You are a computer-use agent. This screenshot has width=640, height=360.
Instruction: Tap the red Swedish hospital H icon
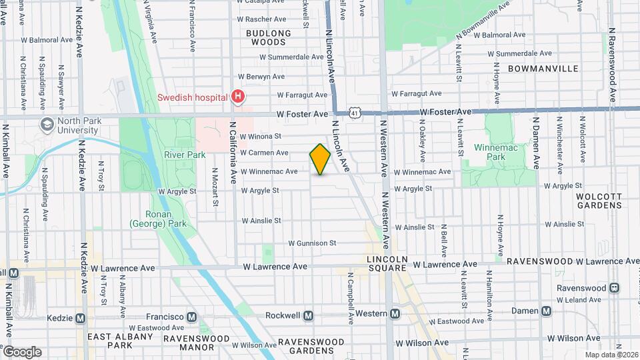pyautogui.click(x=237, y=97)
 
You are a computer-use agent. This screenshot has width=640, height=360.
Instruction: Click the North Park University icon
pyautogui.click(x=47, y=125)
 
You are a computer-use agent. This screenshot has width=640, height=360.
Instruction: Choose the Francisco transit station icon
pyautogui.click(x=192, y=317)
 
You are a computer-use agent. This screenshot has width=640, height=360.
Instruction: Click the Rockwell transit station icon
pyautogui.click(x=308, y=315)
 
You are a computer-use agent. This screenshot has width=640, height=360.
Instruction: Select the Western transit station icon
pyautogui.click(x=395, y=313)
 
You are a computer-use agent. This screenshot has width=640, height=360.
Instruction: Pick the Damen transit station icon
pyautogui.click(x=547, y=311)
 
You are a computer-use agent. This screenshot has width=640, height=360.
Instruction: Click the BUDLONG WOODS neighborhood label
pyautogui.click(x=269, y=37)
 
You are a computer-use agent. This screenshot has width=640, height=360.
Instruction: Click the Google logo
pyautogui.click(x=21, y=352)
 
